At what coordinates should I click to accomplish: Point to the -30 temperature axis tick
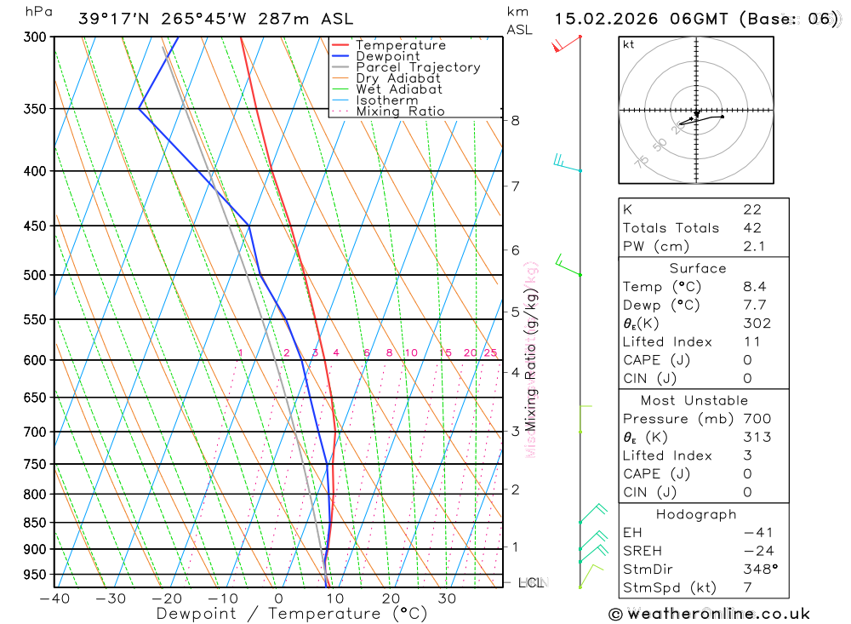point(111,598)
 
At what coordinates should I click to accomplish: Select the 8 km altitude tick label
point(515,121)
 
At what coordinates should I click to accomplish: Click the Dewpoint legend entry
point(387,56)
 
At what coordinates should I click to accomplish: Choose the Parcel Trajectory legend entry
point(417,67)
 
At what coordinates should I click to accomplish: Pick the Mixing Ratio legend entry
point(400,112)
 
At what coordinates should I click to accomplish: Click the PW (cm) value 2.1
point(753,247)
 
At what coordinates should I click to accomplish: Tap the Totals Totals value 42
point(751,228)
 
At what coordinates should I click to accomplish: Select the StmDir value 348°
point(757,570)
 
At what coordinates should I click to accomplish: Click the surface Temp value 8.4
point(753,287)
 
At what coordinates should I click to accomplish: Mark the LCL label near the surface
point(531,583)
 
